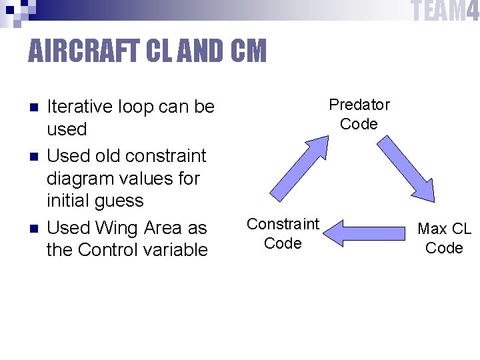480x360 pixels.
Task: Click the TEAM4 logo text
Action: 445,11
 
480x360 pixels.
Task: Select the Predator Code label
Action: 359,114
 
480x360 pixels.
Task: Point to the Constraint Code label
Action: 283,233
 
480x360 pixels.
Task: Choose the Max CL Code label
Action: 444,238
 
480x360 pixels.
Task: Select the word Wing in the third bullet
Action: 117,228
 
